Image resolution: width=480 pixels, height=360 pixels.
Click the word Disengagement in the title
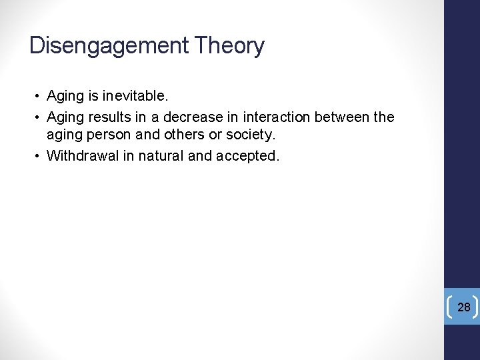point(109,46)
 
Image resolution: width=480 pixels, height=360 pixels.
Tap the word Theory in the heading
point(229,46)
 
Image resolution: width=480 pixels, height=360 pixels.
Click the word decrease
point(193,117)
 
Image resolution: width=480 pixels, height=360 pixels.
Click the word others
point(176,135)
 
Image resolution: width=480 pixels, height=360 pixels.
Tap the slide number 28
point(464,307)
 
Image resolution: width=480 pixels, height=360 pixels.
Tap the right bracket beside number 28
point(476,307)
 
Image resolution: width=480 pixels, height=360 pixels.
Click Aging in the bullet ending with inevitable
point(65,96)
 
